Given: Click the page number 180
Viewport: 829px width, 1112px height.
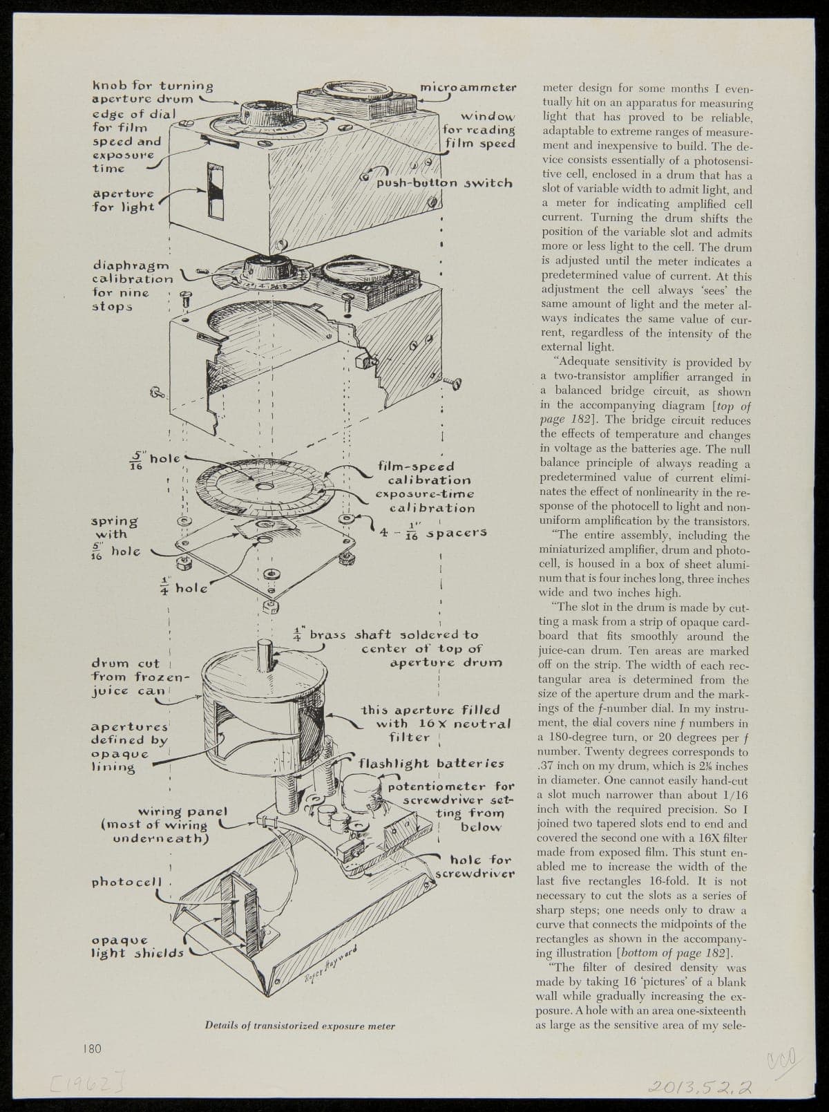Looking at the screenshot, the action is click(x=92, y=1048).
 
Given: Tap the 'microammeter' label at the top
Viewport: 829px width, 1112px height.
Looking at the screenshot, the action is click(x=468, y=87).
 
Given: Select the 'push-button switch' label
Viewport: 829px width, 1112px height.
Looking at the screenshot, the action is click(x=444, y=183).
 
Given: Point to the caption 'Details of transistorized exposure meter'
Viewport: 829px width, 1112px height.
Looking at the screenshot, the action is click(x=300, y=1026).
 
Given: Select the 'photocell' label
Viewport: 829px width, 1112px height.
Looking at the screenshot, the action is click(x=126, y=882).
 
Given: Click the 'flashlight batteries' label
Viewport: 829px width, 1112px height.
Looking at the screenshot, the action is click(x=431, y=764).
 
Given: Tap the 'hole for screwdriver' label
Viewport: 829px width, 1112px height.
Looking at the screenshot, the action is click(x=475, y=867).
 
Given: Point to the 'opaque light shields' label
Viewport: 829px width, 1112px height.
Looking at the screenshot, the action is click(x=137, y=946).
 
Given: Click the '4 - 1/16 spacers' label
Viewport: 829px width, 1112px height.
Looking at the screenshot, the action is click(x=433, y=532).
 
